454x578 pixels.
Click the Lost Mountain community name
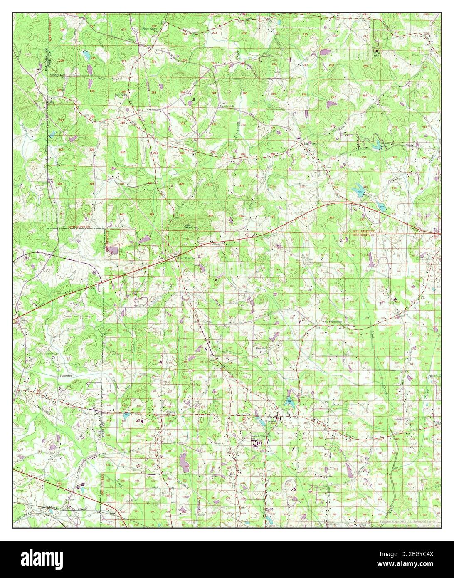tap(186, 258)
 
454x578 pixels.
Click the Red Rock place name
tap(121, 94)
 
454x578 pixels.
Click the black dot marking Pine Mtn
tap(377, 51)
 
